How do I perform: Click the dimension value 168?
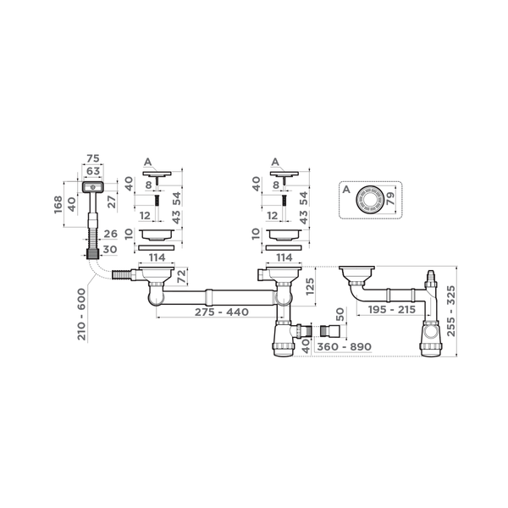coord(58,204)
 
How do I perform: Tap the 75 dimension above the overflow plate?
coord(93,158)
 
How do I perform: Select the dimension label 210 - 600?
coord(81,314)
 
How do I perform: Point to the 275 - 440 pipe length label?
coord(222,312)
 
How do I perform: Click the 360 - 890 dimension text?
coord(344,346)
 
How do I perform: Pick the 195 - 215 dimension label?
coord(392,310)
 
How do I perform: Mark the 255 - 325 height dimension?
coord(451,311)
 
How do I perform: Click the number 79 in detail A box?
coord(390,198)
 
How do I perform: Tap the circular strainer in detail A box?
coord(370,200)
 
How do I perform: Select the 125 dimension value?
coord(310,286)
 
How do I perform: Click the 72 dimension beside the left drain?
coord(182,276)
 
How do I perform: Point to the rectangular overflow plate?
coord(93,187)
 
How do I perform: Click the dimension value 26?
coord(110,234)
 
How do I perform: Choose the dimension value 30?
coord(110,250)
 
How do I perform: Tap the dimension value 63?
coord(93,170)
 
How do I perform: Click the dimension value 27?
coord(112,202)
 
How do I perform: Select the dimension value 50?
coord(340,315)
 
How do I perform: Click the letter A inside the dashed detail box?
coord(346,189)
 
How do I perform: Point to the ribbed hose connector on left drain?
coord(121,274)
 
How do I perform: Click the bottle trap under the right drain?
coord(284,339)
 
